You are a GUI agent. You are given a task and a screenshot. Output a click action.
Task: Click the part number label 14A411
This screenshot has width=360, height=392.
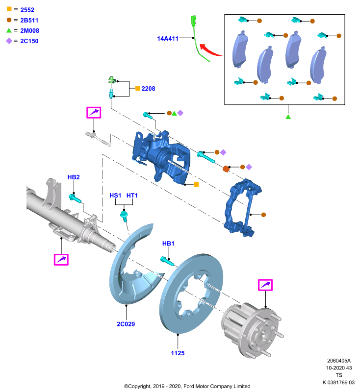168,39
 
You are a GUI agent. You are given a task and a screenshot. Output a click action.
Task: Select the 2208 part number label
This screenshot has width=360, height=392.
148,89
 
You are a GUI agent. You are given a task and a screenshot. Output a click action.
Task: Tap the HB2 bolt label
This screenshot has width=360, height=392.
74,177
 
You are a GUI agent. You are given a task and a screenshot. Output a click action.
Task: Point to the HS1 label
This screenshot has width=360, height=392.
115,195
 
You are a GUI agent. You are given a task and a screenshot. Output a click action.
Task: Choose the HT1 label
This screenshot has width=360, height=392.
132,195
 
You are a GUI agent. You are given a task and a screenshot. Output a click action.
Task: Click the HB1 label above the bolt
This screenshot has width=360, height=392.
168,243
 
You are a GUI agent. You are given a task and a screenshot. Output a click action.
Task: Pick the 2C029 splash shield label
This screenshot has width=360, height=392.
126,324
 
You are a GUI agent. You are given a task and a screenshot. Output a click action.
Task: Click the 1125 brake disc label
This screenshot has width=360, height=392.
178,353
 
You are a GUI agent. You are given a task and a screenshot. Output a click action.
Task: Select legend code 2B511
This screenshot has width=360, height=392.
29,20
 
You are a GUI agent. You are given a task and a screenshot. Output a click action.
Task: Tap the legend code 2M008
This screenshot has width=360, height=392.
29,30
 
